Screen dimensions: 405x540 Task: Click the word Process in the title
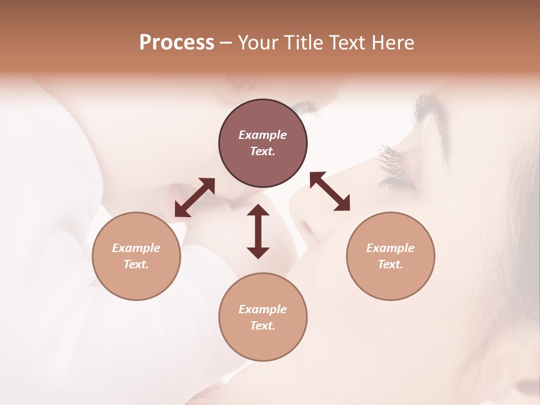click(177, 43)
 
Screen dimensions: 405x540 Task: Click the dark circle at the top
click(263, 143)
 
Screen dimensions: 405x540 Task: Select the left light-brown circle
click(136, 256)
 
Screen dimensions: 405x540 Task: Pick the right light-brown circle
click(390, 256)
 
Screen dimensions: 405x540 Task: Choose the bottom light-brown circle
click(263, 317)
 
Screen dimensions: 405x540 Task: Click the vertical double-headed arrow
click(258, 231)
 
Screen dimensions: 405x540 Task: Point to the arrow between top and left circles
click(195, 197)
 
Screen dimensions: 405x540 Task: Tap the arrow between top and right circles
click(330, 191)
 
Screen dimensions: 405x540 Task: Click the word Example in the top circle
click(263, 135)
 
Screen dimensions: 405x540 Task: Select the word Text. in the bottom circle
click(263, 326)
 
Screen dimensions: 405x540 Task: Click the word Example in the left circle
click(136, 248)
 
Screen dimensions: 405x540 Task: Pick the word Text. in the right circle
click(390, 264)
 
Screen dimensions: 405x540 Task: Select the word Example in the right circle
click(390, 248)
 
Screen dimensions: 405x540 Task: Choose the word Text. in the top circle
click(263, 151)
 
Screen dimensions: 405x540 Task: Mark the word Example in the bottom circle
click(263, 309)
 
